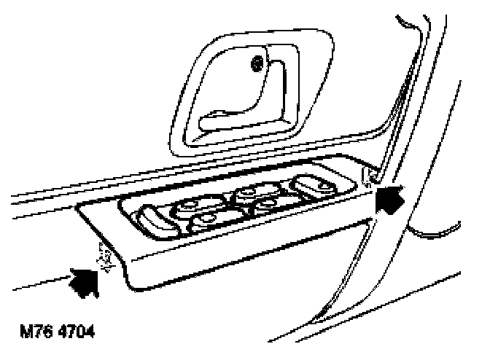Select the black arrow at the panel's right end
click(x=389, y=199)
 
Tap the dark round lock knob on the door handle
click(x=257, y=66)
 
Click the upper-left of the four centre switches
click(x=188, y=207)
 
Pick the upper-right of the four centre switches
click(x=247, y=193)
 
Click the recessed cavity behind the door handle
click(x=226, y=87)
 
